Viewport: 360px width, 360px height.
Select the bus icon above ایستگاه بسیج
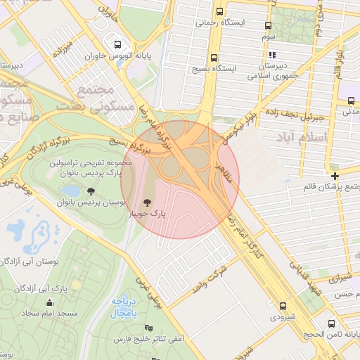tap(214, 58)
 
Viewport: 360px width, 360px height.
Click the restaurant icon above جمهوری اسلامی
tap(271, 54)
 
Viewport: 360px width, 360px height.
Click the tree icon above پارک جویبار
tap(148, 202)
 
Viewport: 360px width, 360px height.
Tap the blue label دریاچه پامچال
tap(127, 307)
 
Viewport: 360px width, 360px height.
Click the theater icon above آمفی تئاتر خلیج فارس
tap(147, 328)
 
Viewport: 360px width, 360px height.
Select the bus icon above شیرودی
tap(283, 306)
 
